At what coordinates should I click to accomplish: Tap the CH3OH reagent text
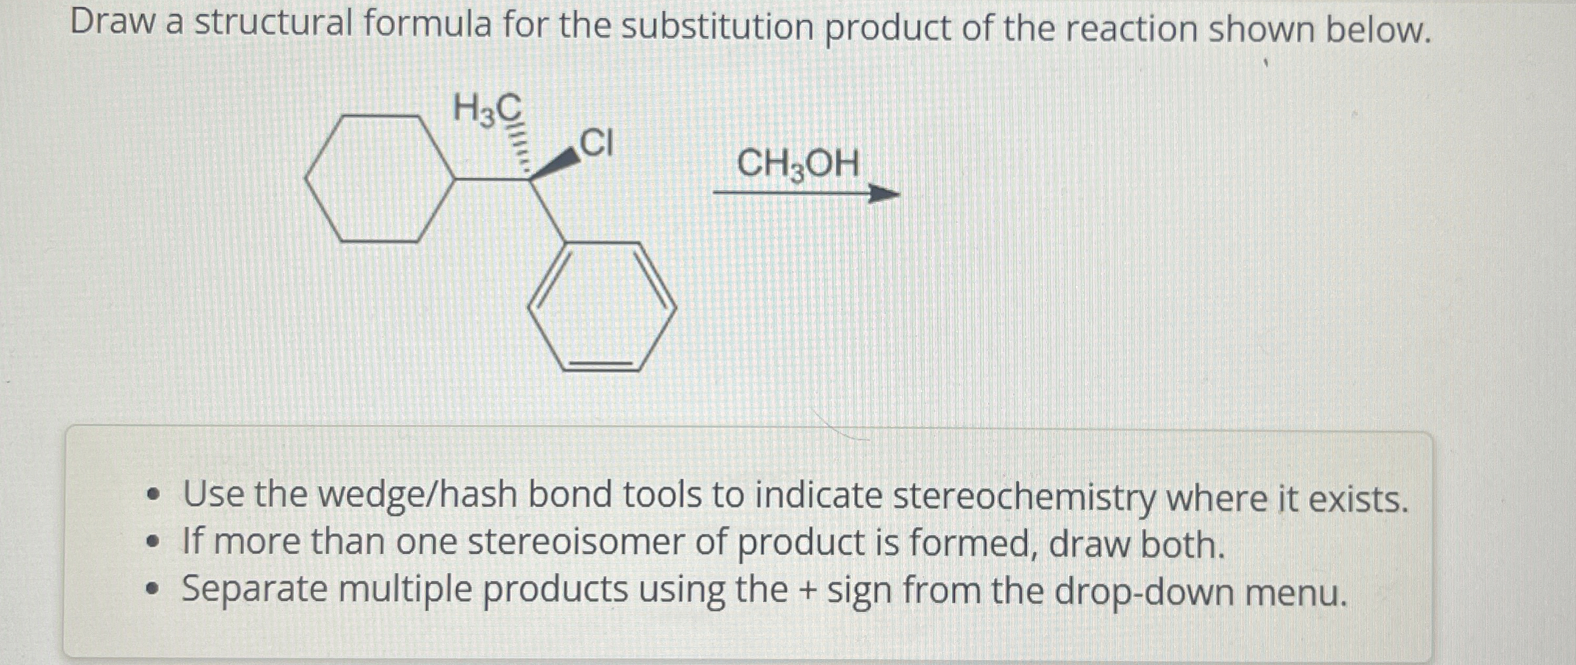(x=798, y=164)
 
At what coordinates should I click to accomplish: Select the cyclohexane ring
(x=379, y=179)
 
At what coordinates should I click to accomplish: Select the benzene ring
(x=602, y=307)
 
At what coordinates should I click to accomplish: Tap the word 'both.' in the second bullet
(x=1183, y=545)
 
